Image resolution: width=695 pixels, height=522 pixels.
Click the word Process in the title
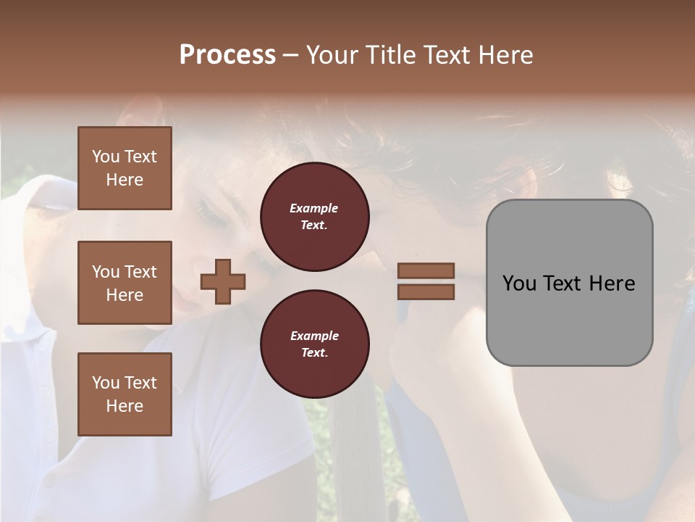click(x=227, y=55)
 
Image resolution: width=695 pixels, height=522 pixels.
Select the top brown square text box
click(x=125, y=168)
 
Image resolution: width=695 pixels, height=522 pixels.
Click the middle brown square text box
click(x=125, y=283)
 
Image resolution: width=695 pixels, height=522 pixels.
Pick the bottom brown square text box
click(x=125, y=394)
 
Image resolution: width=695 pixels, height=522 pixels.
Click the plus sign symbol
click(x=223, y=281)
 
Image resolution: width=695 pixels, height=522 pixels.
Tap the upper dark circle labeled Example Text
click(x=314, y=217)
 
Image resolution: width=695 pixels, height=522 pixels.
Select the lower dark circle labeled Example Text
click(x=314, y=344)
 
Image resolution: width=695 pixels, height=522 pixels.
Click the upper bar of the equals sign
click(x=426, y=270)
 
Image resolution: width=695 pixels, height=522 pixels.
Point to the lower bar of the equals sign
click(x=426, y=291)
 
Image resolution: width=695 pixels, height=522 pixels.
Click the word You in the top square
click(x=105, y=157)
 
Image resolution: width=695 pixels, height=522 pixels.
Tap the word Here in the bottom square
click(x=125, y=406)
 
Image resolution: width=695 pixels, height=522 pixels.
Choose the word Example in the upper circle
click(x=314, y=208)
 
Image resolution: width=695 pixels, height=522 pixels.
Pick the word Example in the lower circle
click(x=314, y=336)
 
